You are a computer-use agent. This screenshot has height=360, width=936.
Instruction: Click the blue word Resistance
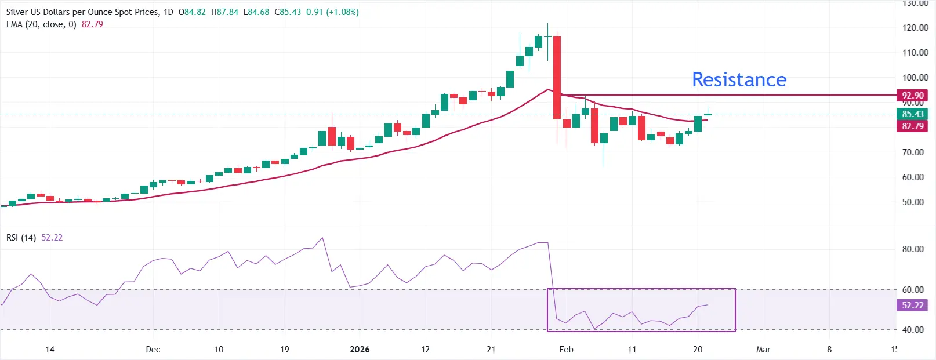(739, 79)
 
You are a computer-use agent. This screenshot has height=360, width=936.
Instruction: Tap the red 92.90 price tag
(912, 95)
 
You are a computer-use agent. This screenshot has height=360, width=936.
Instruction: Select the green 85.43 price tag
(912, 114)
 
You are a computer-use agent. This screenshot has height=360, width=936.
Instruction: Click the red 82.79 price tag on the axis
(912, 126)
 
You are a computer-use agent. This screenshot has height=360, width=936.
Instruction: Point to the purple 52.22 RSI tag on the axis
(912, 305)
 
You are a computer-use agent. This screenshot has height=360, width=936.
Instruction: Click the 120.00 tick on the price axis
(915, 27)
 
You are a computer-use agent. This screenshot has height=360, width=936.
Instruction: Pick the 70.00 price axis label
(913, 152)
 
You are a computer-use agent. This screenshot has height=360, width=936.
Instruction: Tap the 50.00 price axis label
(913, 202)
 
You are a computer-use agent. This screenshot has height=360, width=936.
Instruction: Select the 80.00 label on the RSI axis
(913, 249)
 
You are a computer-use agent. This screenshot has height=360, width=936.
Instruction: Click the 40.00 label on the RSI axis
(913, 329)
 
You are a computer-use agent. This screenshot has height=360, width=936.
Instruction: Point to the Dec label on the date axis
(153, 349)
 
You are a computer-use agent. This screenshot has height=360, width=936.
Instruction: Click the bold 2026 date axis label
(360, 349)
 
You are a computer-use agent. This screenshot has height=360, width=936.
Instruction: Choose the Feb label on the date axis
(566, 349)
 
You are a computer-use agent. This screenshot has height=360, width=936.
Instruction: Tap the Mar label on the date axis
(763, 349)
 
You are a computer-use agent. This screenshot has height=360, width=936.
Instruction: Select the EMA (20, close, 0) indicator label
(41, 24)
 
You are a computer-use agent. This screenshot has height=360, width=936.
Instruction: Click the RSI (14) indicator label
(21, 238)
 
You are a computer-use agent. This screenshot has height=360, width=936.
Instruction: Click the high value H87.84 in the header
(224, 12)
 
